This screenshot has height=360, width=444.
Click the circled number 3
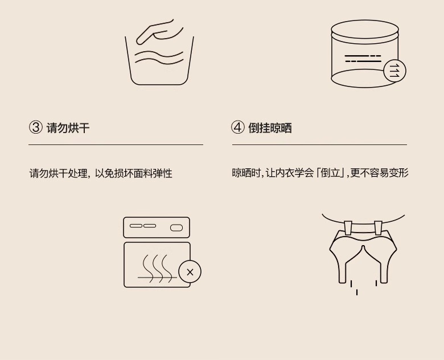[36, 127]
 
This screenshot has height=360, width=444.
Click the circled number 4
[237, 127]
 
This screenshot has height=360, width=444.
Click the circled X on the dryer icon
[190, 272]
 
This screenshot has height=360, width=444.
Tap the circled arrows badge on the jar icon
[394, 71]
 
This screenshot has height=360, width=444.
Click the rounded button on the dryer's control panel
[176, 227]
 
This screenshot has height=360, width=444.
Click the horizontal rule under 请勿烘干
[116, 144]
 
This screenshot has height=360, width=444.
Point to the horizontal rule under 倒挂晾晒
[319, 144]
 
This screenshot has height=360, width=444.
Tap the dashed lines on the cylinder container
[363, 59]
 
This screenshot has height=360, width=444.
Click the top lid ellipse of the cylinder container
[364, 29]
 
